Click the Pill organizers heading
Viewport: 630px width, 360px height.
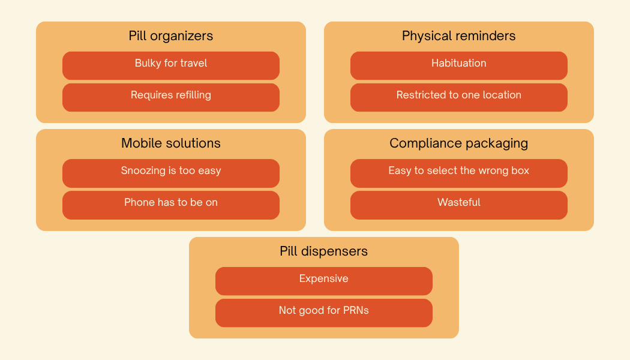[171, 36]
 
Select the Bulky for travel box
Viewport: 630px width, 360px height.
[171, 65]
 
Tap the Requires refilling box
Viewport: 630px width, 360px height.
[171, 97]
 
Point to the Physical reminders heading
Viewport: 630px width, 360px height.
[459, 36]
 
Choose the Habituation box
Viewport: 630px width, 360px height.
[459, 65]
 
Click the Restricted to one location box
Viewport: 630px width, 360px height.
[459, 97]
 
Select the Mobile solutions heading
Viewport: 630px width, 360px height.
[171, 143]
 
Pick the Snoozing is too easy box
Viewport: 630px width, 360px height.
[171, 173]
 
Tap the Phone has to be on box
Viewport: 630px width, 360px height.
[171, 205]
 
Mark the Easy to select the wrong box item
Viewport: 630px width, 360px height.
[459, 173]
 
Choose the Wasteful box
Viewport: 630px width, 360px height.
[459, 205]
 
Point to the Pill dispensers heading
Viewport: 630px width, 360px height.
[324, 251]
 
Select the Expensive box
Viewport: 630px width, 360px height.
[324, 281]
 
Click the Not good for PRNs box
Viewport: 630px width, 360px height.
[324, 313]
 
